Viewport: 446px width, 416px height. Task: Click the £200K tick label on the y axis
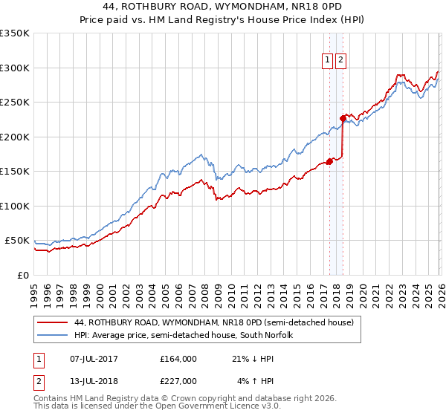coord(15,137)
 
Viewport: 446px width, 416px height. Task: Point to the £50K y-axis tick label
coord(17,241)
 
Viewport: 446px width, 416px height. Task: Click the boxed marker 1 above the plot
coord(327,60)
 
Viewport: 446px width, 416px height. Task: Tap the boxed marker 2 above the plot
coord(340,60)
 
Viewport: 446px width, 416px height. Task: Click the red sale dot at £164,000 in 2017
coord(329,161)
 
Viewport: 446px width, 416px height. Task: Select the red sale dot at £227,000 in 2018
coord(343,117)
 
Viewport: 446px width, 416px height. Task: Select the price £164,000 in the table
coord(178,359)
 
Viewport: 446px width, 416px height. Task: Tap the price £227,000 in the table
coord(178,381)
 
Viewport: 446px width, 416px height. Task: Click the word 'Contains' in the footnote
coord(52,400)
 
